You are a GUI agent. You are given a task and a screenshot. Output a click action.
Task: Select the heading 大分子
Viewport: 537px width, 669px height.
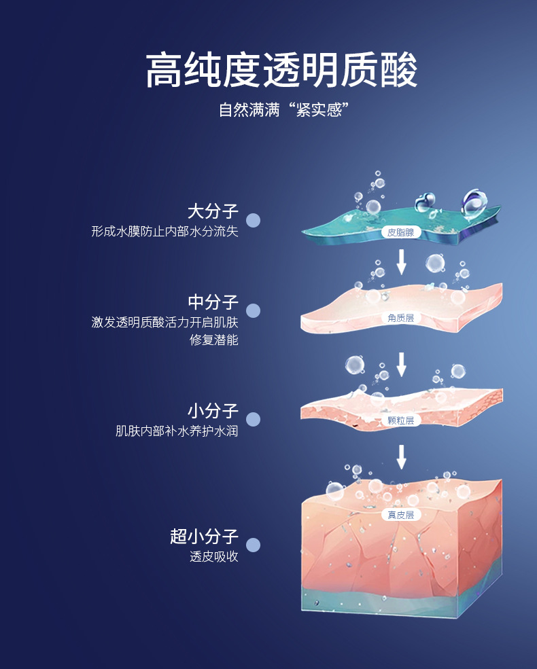[213, 211]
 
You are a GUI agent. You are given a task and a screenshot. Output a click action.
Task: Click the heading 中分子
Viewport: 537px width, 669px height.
[213, 302]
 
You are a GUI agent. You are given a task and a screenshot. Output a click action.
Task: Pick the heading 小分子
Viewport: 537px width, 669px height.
[213, 411]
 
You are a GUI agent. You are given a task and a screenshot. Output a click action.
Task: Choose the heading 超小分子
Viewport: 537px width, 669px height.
[204, 537]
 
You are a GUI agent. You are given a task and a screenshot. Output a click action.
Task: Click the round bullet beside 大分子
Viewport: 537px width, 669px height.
[253, 220]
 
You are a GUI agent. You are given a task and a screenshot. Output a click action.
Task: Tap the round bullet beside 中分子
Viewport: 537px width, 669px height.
[253, 310]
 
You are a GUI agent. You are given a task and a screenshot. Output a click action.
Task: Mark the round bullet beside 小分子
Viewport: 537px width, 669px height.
[253, 419]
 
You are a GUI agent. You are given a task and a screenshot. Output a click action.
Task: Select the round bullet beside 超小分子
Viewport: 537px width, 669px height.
[253, 545]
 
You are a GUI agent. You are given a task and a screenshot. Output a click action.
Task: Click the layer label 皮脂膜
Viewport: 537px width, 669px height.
[401, 232]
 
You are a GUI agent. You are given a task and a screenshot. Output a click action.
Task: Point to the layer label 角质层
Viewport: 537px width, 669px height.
[401, 318]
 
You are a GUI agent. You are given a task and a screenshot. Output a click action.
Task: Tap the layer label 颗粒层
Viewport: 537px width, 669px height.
[401, 420]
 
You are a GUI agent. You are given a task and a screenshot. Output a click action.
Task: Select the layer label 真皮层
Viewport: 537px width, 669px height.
[401, 515]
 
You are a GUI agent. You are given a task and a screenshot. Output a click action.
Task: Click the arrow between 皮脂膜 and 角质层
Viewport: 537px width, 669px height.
[401, 261]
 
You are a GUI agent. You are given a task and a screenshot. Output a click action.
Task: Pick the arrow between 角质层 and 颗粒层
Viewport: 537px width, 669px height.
[401, 364]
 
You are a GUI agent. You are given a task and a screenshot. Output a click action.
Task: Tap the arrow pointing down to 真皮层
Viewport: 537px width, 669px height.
[401, 456]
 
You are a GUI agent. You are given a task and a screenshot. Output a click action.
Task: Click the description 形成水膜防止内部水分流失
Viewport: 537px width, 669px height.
[164, 232]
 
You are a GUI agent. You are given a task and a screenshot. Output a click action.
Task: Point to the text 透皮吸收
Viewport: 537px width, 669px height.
[214, 557]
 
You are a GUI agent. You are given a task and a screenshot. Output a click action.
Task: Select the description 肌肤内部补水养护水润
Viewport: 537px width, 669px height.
[177, 431]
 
